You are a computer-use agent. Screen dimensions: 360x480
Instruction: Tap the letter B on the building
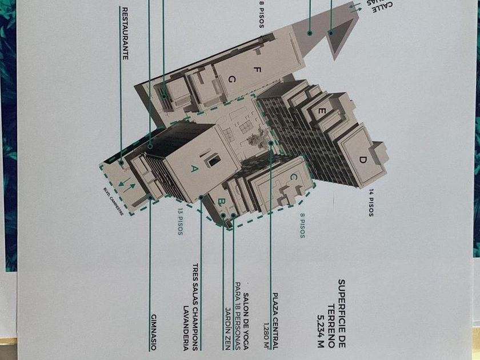221,201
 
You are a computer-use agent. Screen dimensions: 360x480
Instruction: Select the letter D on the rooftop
362,159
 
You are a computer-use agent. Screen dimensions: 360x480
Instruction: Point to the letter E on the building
322,112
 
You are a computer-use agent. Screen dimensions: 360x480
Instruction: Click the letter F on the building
257,70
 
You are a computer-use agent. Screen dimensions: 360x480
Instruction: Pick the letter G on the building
231,79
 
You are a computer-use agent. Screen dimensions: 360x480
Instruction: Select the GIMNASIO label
153,331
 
